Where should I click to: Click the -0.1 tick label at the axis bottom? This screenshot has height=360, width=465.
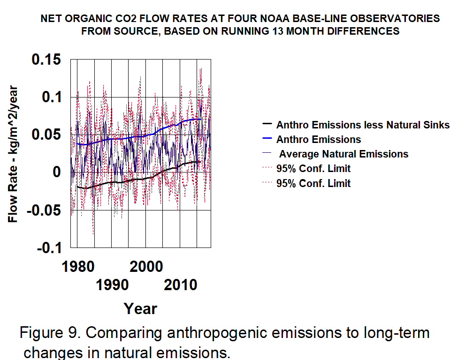click(47, 248)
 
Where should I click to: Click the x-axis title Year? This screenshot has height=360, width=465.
click(140, 308)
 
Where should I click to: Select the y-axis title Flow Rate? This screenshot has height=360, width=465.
click(13, 154)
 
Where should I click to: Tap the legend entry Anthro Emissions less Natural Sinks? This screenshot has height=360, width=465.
click(363, 125)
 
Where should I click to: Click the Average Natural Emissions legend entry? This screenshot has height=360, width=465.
click(343, 154)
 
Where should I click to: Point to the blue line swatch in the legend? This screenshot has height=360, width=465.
click(267, 139)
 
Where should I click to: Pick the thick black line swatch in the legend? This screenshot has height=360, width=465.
click(267, 125)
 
